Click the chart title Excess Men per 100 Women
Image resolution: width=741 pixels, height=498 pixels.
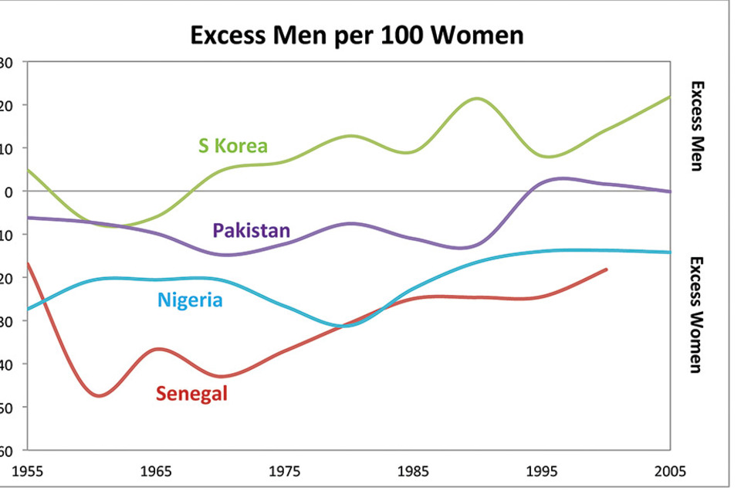pos(357,36)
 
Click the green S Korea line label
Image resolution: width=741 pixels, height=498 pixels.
pos(232,145)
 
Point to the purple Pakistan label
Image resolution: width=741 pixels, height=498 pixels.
pos(252,230)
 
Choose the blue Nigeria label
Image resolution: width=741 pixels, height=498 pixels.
pos(190,300)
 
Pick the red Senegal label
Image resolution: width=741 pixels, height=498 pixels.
pos(191,394)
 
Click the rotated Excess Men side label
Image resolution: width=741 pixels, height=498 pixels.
pos(696,126)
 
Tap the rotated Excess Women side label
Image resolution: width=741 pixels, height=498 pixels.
pos(696,314)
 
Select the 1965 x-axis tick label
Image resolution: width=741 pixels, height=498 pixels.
pos(157,472)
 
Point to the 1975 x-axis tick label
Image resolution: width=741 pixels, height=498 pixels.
pos(285,472)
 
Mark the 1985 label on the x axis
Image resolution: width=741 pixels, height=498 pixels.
pos(413,472)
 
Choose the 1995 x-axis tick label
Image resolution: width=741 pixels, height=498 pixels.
pos(542,472)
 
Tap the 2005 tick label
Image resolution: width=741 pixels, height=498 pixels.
pos(669,472)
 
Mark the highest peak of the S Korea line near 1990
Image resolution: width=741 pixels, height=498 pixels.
pos(477,98)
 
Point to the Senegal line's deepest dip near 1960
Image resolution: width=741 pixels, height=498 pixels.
pos(98,396)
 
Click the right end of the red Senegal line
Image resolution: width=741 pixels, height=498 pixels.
pos(607,269)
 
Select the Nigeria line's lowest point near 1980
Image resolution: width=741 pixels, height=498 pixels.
pos(348,326)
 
